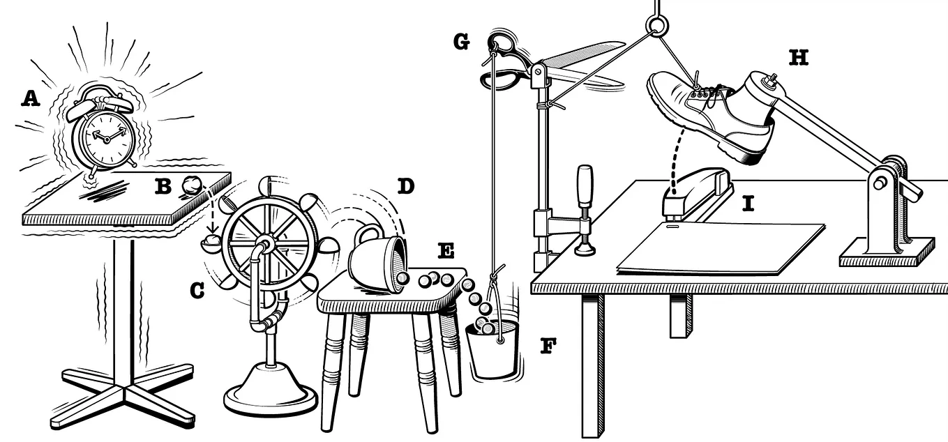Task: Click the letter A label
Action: [x=30, y=99]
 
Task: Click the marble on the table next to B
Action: [x=191, y=185]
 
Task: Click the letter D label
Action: [x=405, y=186]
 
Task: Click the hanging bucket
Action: [x=494, y=351]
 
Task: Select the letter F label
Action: [x=548, y=346]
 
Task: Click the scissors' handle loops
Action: [x=500, y=60]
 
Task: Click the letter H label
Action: [x=798, y=57]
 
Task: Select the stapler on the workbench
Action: [x=694, y=190]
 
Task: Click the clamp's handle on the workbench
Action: [x=585, y=186]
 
